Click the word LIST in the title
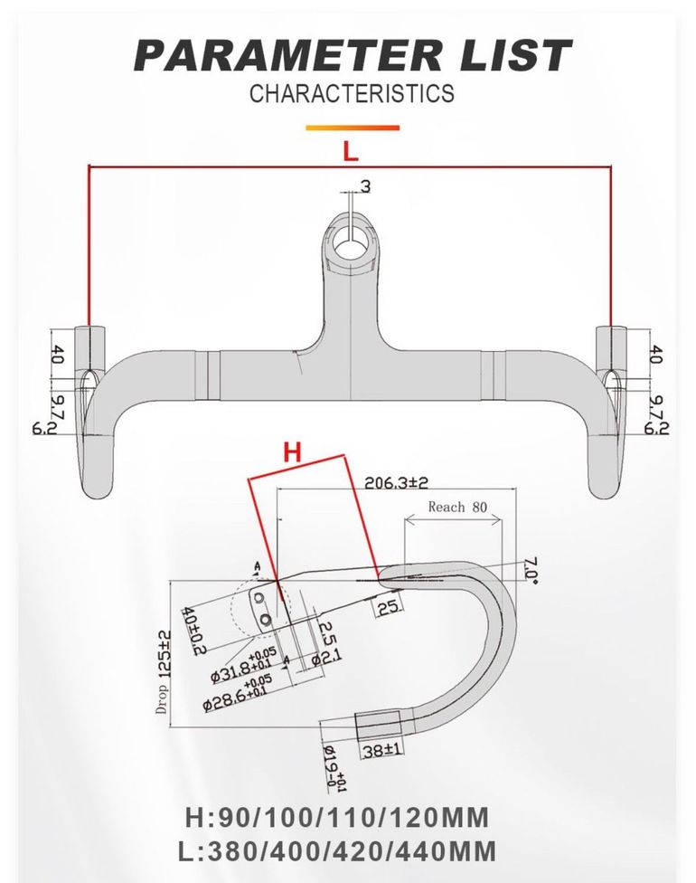514,55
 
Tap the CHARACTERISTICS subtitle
352,93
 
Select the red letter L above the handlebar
351,151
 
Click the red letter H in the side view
292,451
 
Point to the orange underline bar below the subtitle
353,128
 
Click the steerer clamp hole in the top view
351,245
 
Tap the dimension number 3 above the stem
366,186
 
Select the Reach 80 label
457,507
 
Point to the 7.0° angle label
530,570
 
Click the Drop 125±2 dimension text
164,670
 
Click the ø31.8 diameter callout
243,666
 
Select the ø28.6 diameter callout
238,692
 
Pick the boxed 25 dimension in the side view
388,607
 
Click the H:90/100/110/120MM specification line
337,818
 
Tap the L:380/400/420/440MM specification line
337,851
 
